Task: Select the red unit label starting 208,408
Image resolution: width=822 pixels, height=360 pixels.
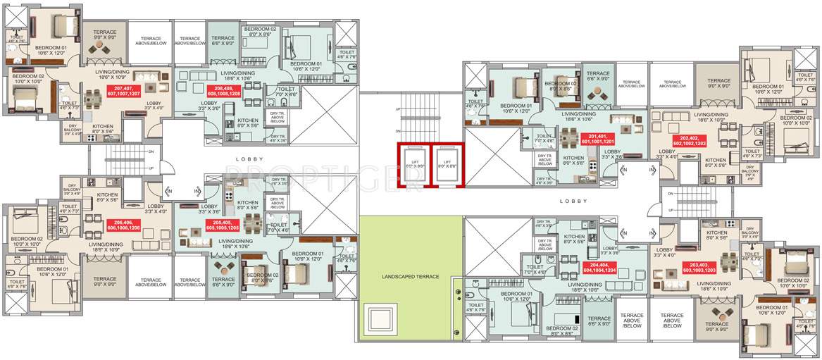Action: click(x=224, y=89)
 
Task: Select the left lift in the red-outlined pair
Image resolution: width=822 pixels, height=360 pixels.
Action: click(x=412, y=166)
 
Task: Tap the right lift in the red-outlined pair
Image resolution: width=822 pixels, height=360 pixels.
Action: click(x=444, y=166)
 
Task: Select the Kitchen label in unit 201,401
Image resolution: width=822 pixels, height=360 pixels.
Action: click(x=574, y=161)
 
